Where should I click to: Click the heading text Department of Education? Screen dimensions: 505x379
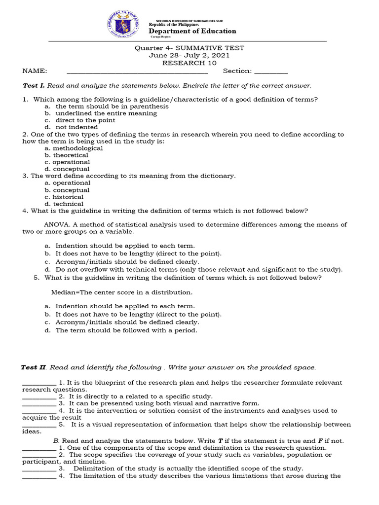coord(192,31)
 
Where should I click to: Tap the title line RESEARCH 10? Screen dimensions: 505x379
coord(189,63)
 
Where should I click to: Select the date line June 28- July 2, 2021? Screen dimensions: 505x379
coord(189,55)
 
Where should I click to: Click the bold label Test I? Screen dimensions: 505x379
coord(34,85)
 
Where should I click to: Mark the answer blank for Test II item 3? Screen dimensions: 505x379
coord(39,403)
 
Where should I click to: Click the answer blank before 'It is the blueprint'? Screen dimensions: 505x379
coord(39,383)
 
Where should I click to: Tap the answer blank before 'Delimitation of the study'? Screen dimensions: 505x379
coord(39,469)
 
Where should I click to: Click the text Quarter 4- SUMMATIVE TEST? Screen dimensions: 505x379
coord(189,48)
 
